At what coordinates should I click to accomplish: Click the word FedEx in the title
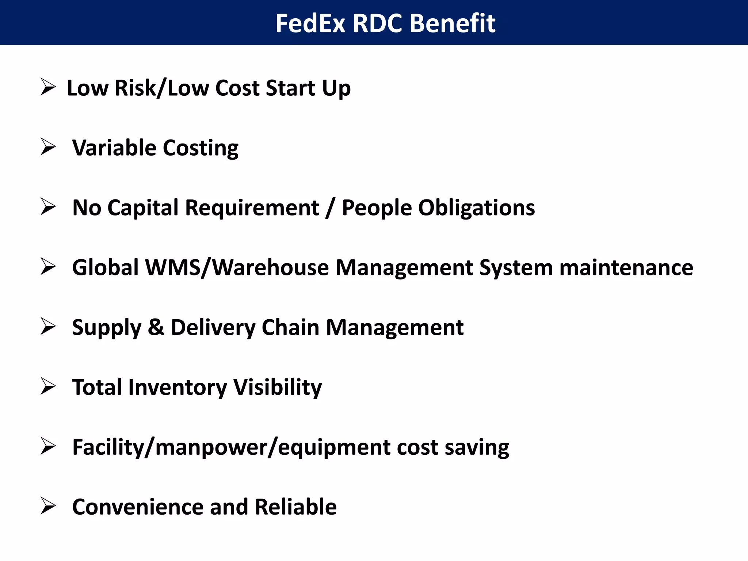click(310, 23)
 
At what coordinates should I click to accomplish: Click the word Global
click(105, 267)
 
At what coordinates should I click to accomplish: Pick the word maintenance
click(626, 267)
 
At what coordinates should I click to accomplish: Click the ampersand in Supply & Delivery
click(156, 327)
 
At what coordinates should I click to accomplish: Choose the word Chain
click(290, 327)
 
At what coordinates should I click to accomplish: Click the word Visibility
click(278, 387)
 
